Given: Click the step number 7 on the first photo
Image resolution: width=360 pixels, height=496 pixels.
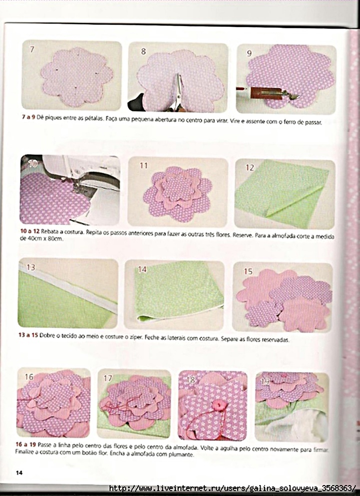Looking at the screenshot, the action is pyautogui.click(x=32, y=49).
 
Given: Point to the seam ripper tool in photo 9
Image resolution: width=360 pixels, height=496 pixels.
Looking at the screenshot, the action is pyautogui.click(x=267, y=93).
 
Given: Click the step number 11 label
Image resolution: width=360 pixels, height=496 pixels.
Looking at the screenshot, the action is pyautogui.click(x=144, y=165).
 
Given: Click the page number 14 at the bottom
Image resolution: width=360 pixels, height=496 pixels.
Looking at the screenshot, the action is pyautogui.click(x=19, y=473).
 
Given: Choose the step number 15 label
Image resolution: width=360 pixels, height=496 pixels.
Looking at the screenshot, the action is pyautogui.click(x=248, y=271).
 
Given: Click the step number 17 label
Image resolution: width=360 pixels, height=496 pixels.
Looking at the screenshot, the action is pyautogui.click(x=108, y=378).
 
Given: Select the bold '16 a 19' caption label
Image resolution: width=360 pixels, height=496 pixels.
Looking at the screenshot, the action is pyautogui.click(x=26, y=444).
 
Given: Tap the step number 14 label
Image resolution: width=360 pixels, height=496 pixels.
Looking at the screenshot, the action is pyautogui.click(x=142, y=269).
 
